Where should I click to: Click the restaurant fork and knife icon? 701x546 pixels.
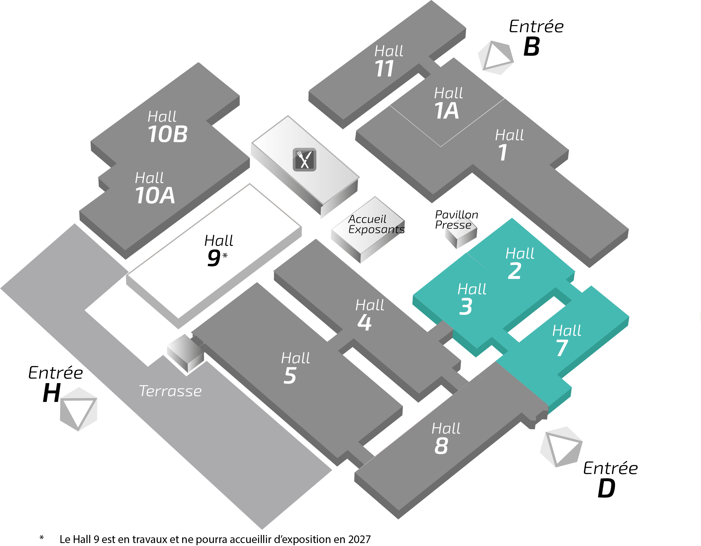304,159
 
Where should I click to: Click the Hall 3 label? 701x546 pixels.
471,299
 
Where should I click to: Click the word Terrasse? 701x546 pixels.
171,391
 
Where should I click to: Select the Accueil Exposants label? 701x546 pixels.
376,224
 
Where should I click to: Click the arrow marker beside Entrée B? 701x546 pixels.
496,58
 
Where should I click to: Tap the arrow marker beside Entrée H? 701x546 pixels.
79,409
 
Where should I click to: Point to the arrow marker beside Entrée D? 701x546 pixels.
561,447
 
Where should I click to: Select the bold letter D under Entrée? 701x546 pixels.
606,488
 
